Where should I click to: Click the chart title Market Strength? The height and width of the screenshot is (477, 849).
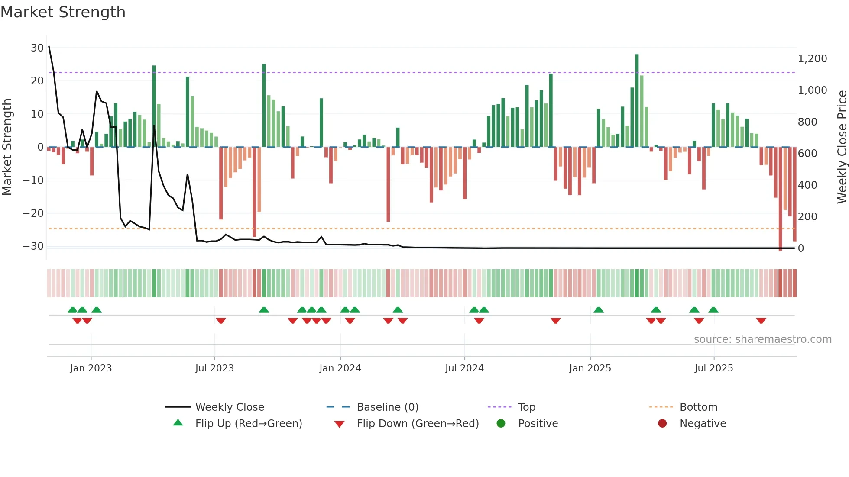pyautogui.click(x=63, y=12)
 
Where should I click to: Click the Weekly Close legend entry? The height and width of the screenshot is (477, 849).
pyautogui.click(x=229, y=407)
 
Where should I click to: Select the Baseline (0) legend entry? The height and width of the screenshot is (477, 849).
pyautogui.click(x=387, y=407)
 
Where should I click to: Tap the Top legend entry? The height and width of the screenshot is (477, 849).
pyautogui.click(x=526, y=407)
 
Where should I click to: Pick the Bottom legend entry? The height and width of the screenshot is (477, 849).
pyautogui.click(x=698, y=407)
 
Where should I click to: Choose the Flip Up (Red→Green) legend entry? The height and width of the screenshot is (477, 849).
pyautogui.click(x=248, y=423)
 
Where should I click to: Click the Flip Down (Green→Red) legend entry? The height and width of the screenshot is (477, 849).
pyautogui.click(x=418, y=423)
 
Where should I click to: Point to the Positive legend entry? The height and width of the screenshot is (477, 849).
pyautogui.click(x=538, y=423)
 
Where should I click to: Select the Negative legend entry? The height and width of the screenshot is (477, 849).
pyautogui.click(x=702, y=423)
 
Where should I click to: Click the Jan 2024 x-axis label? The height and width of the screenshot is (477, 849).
pyautogui.click(x=340, y=368)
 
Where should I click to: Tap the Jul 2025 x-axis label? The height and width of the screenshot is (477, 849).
pyautogui.click(x=713, y=368)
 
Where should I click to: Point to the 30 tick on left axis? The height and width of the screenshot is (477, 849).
pyautogui.click(x=37, y=48)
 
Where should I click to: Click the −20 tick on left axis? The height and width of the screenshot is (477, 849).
pyautogui.click(x=33, y=213)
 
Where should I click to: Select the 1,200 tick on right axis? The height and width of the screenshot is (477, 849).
pyautogui.click(x=812, y=59)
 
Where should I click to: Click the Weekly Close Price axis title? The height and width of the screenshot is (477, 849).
pyautogui.click(x=842, y=147)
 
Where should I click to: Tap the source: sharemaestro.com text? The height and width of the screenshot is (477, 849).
pyautogui.click(x=762, y=339)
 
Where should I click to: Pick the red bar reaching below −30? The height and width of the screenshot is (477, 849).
pyautogui.click(x=780, y=199)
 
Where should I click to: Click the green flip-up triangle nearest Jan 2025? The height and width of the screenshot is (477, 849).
pyautogui.click(x=599, y=310)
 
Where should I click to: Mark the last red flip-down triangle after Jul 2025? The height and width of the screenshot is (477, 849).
pyautogui.click(x=761, y=321)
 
